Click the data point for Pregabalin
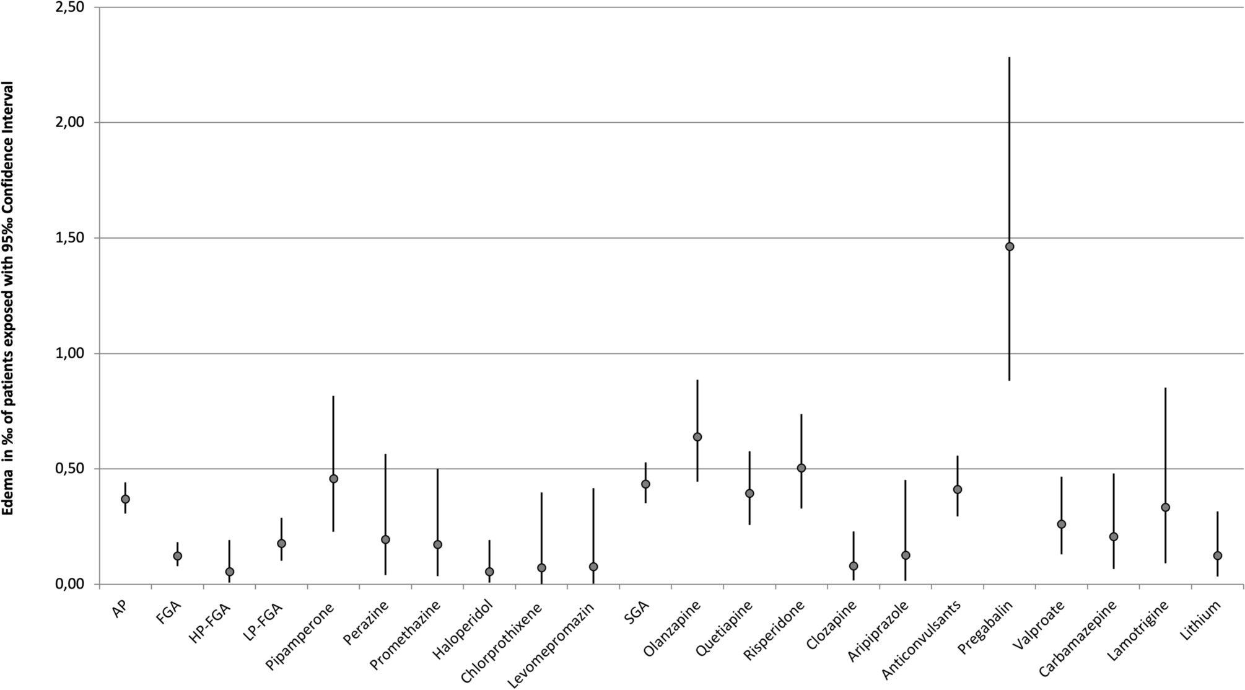1010,247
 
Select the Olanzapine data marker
697,437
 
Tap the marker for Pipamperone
334,479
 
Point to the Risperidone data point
802,468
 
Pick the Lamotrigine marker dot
1165,507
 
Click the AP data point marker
126,499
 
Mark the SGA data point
645,484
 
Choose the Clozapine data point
854,566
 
